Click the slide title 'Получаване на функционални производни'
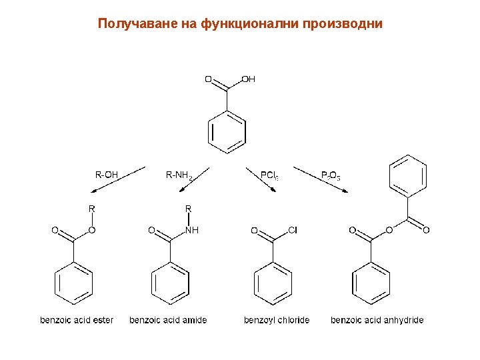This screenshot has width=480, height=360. [x=240, y=24]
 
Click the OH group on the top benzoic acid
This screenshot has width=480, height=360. [x=248, y=79]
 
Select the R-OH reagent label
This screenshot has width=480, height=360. [x=107, y=175]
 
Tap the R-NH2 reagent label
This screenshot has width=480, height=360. [x=179, y=176]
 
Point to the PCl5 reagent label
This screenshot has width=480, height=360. [x=269, y=176]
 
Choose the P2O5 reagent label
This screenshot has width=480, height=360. [x=331, y=176]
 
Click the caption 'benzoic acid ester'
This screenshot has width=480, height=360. [x=77, y=320]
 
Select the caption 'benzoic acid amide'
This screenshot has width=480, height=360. [x=168, y=320]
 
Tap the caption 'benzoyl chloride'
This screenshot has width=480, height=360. [x=277, y=320]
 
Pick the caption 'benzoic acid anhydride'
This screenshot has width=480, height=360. [x=377, y=320]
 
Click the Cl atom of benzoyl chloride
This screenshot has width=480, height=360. [x=292, y=231]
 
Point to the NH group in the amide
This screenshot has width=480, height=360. [x=192, y=231]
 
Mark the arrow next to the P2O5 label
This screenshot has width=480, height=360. [x=333, y=183]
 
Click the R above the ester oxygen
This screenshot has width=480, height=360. [x=92, y=209]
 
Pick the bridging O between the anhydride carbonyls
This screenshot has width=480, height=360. [x=389, y=231]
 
